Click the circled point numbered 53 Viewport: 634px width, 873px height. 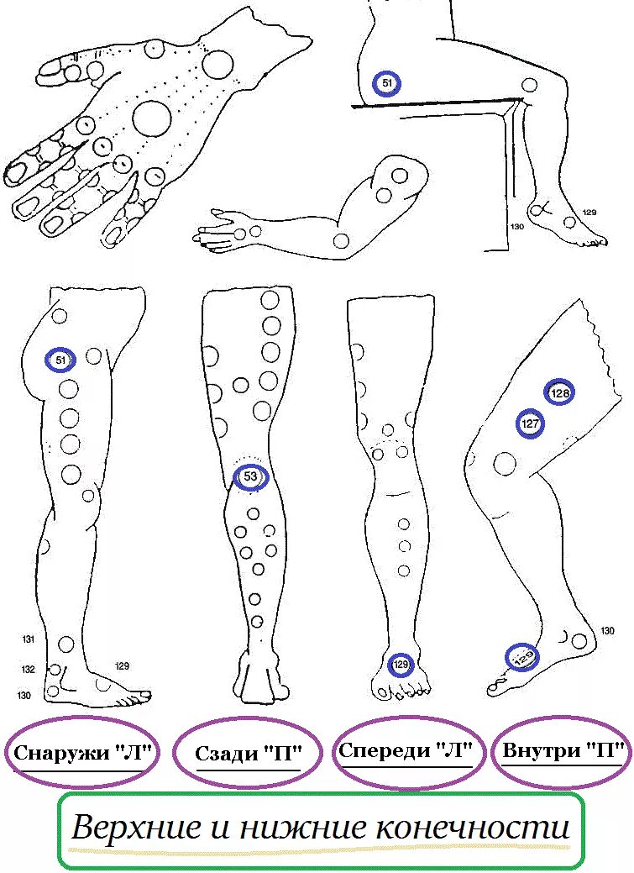click(250, 477)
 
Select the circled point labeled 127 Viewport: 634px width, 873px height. click(530, 424)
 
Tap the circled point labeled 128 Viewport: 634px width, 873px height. click(559, 393)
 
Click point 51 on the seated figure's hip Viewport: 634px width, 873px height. click(387, 83)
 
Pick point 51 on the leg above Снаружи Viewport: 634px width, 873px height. click(60, 360)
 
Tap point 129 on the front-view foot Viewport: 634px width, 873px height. click(401, 665)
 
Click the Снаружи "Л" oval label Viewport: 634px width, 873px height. click(82, 753)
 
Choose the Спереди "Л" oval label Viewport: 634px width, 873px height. click(410, 751)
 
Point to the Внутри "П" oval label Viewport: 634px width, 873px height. click(564, 751)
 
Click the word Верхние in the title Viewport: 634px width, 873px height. click(135, 828)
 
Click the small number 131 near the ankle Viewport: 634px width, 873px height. click(29, 640)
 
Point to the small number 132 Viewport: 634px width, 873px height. click(29, 670)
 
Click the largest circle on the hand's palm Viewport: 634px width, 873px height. click(152, 118)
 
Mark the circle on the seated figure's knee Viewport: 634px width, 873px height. click(530, 85)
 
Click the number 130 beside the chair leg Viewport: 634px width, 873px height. click(517, 227)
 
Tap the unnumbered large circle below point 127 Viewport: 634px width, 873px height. click(505, 462)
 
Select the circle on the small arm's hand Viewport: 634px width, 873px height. click(241, 233)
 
